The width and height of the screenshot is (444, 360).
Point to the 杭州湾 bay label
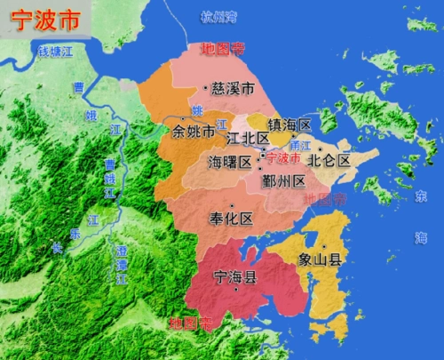pos(219,17)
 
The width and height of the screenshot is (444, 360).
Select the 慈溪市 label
pos(234,88)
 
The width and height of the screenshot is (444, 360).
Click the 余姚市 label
pos(194,132)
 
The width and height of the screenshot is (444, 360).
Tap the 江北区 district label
pos(248,140)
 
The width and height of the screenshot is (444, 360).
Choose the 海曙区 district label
pos(230,162)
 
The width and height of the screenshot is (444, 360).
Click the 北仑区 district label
pos(329,161)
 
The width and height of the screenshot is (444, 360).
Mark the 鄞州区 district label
pos(284,180)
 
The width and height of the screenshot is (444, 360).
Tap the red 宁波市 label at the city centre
pos(283,158)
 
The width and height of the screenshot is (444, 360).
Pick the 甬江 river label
pos(304,144)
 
